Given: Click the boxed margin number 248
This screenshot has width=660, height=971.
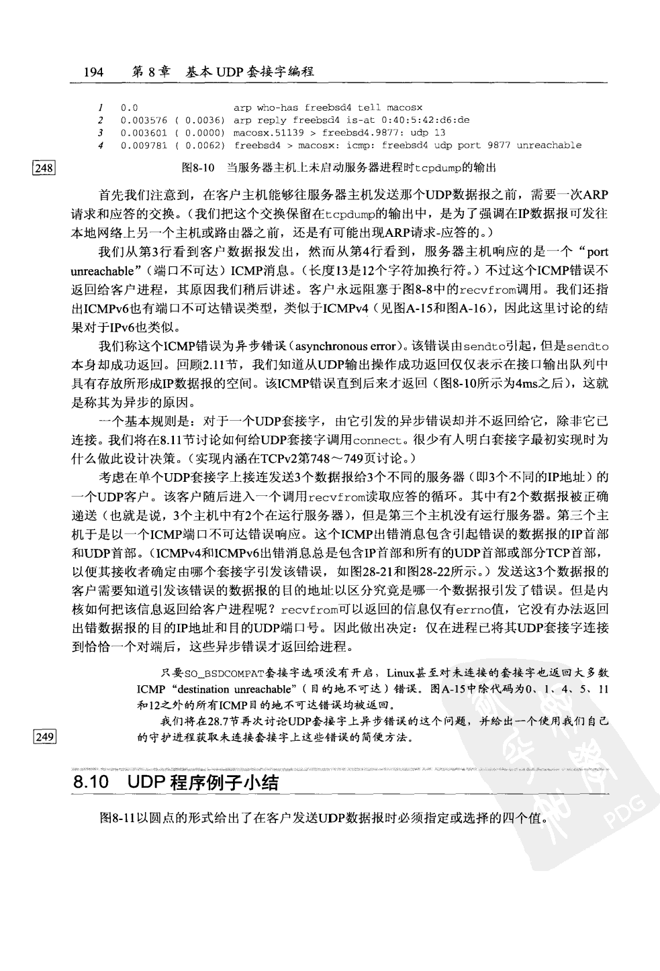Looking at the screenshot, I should click(x=44, y=168).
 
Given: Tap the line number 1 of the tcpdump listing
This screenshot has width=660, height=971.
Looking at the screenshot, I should click(x=99, y=107).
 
